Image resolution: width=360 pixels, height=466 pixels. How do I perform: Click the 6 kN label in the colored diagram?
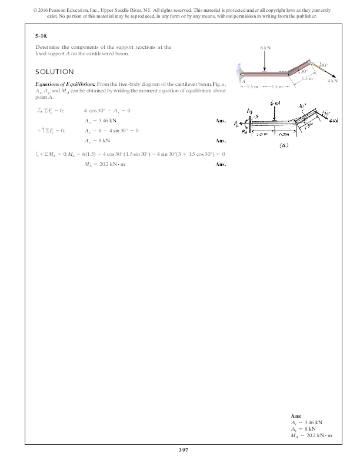265,46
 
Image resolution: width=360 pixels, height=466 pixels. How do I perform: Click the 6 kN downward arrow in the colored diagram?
265,60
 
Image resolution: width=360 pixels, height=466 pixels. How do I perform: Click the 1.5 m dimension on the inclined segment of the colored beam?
306,78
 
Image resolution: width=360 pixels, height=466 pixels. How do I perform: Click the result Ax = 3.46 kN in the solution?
100,119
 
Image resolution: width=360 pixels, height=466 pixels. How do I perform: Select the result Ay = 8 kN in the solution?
97,141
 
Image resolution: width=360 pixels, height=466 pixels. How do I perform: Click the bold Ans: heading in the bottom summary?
296,416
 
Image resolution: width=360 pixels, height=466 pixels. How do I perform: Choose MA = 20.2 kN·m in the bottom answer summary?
311,435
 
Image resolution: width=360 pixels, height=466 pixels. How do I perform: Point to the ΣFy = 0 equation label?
51,131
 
